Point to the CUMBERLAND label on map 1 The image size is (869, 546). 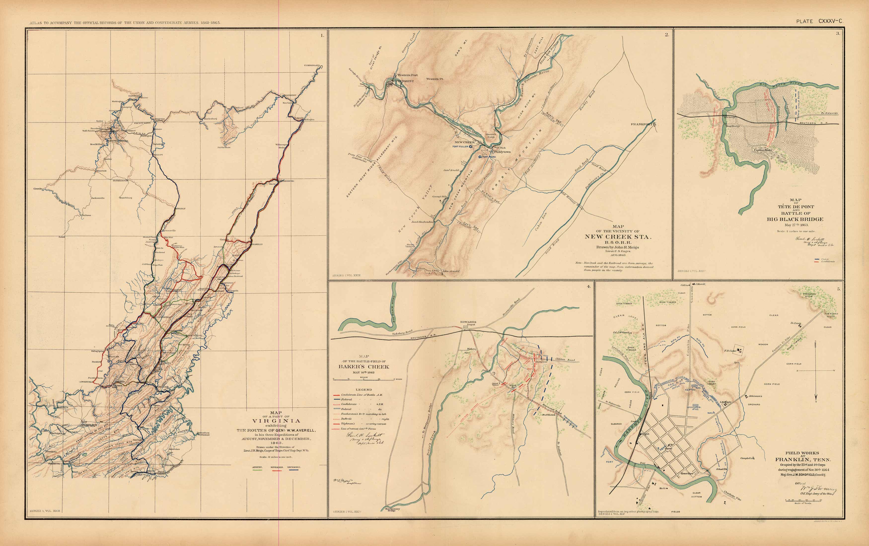point(312,65)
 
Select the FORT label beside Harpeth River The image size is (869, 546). point(610,462)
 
